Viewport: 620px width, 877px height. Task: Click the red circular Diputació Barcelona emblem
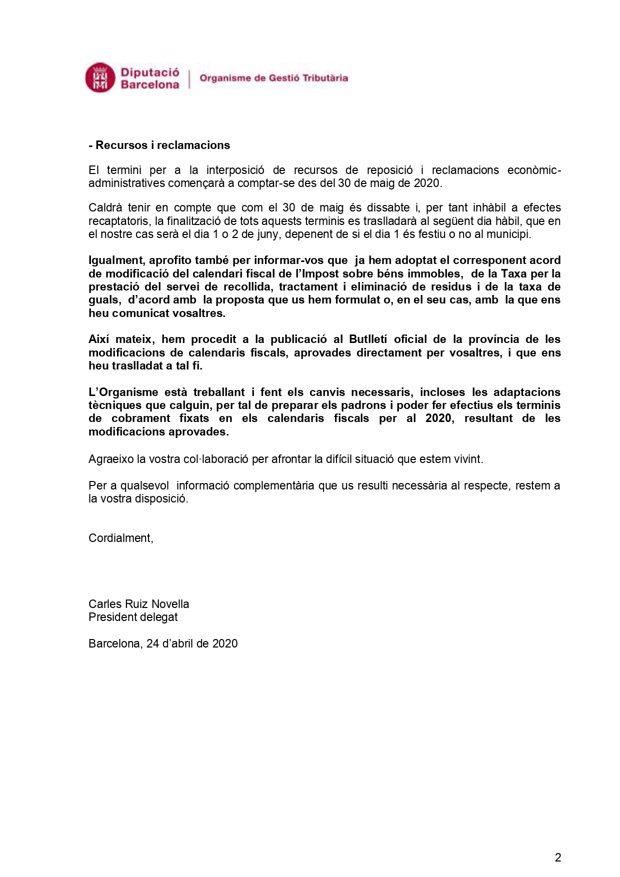tap(100, 77)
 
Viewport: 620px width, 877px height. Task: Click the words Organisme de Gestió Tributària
tap(273, 78)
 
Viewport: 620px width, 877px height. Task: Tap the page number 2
tap(558, 857)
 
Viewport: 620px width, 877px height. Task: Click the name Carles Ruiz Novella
tap(138, 604)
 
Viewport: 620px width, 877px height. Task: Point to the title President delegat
tap(133, 617)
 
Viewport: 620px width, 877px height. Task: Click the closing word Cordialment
tap(120, 538)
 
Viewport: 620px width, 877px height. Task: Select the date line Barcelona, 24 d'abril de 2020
tap(163, 643)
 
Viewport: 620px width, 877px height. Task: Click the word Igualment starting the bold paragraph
tap(115, 260)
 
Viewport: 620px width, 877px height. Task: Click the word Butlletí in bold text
tap(368, 339)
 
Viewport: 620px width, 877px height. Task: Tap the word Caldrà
tap(104, 208)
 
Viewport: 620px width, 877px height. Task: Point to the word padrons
tap(364, 405)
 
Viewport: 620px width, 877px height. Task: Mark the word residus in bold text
tap(453, 287)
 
